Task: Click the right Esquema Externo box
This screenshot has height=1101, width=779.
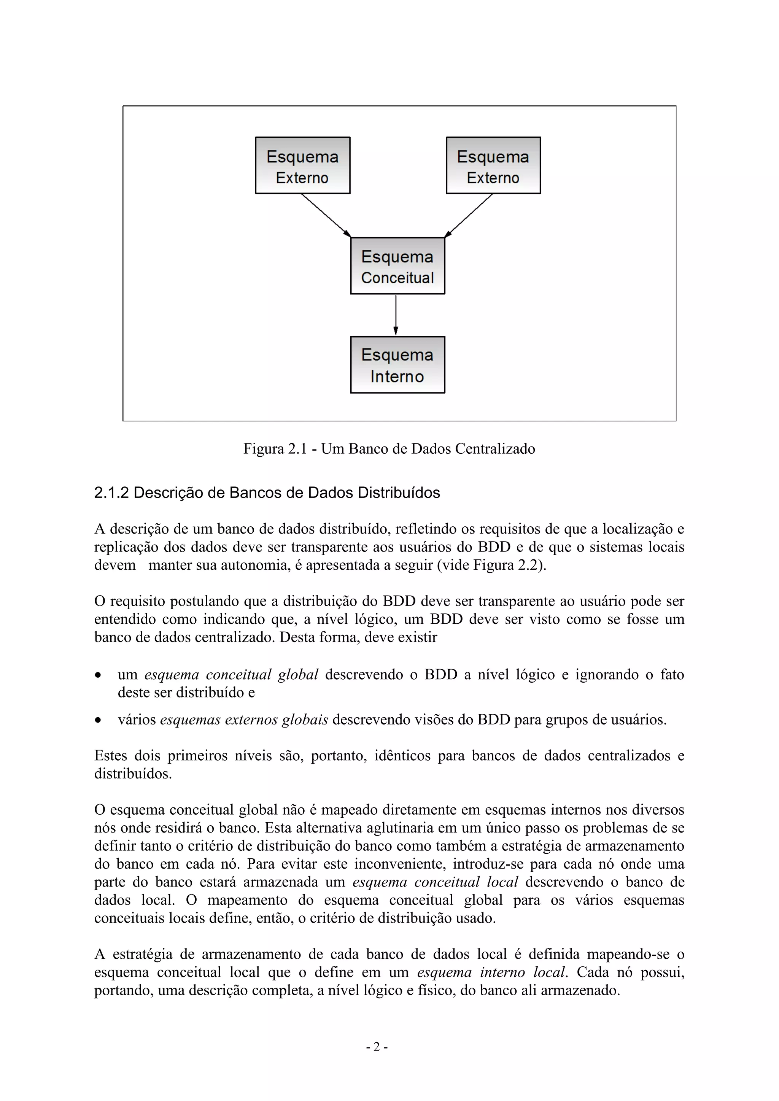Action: tap(493, 165)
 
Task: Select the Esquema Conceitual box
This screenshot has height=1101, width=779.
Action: tap(397, 266)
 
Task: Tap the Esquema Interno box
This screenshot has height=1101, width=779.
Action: tap(397, 365)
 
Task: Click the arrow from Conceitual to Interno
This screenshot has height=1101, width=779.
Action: tap(396, 314)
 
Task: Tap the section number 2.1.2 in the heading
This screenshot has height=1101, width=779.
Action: tap(111, 493)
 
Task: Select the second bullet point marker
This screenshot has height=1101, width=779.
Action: tap(99, 720)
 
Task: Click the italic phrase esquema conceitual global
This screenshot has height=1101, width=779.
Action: tap(231, 675)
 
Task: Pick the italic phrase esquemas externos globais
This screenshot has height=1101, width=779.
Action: tap(244, 720)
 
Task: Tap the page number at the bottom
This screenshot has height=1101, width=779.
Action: tap(377, 1047)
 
